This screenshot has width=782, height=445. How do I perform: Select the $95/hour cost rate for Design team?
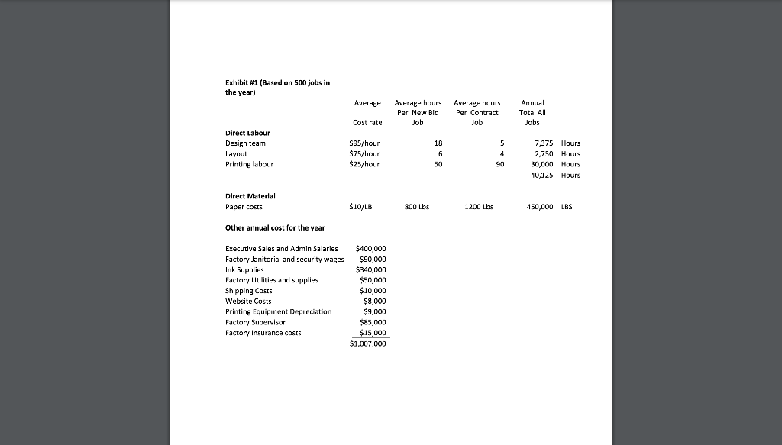pyautogui.click(x=364, y=143)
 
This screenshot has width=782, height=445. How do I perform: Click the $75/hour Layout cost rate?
pyautogui.click(x=364, y=153)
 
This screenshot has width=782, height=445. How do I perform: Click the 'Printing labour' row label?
pyautogui.click(x=249, y=164)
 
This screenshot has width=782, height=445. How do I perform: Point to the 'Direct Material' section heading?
pyautogui.click(x=250, y=196)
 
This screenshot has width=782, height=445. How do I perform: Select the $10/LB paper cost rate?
pyautogui.click(x=360, y=207)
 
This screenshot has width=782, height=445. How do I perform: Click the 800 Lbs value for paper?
pyautogui.click(x=417, y=207)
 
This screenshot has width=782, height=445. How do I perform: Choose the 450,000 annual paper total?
pyautogui.click(x=536, y=207)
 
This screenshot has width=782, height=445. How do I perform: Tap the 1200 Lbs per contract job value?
pyautogui.click(x=479, y=207)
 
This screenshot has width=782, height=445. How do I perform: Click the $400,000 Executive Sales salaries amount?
pyautogui.click(x=371, y=249)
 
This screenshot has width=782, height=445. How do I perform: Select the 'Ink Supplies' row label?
pyautogui.click(x=244, y=269)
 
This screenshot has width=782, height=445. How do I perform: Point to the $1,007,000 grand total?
pyautogui.click(x=368, y=344)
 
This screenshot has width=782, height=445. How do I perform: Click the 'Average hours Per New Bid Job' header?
pyautogui.click(x=418, y=112)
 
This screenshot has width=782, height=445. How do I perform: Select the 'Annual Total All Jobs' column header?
pyautogui.click(x=532, y=112)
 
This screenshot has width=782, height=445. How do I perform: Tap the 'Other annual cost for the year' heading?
pyautogui.click(x=275, y=228)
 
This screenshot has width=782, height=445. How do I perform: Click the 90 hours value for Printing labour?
pyautogui.click(x=500, y=164)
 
